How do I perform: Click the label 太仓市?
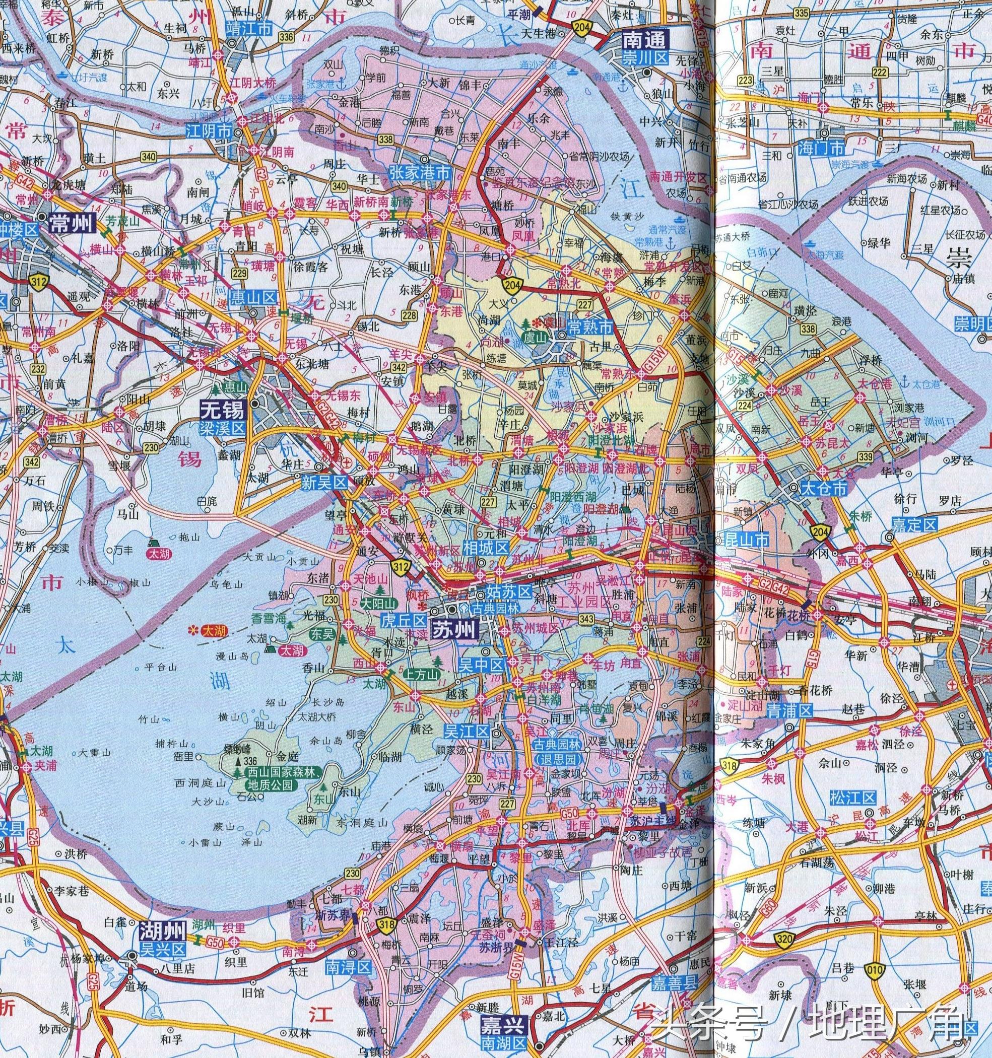824,488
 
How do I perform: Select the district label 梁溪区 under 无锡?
223,428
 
